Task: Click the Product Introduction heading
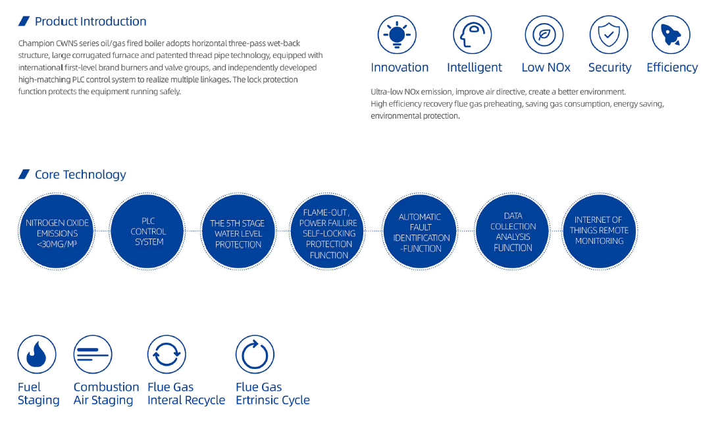click(x=91, y=21)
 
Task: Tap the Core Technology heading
click(x=80, y=174)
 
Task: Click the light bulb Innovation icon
click(x=397, y=35)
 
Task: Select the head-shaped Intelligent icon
click(x=472, y=35)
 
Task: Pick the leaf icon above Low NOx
click(x=544, y=35)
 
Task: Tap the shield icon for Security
click(x=609, y=35)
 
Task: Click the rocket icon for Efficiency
click(x=671, y=35)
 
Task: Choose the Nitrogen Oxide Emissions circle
click(x=57, y=231)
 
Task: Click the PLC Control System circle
click(x=147, y=231)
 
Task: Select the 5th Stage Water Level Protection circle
click(x=238, y=231)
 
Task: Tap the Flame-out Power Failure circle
click(x=327, y=231)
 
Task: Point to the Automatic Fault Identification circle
click(x=420, y=231)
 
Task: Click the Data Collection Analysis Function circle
click(x=512, y=231)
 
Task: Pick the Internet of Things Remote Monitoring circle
click(x=600, y=231)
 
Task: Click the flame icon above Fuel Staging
click(x=37, y=355)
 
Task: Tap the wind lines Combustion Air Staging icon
click(x=93, y=355)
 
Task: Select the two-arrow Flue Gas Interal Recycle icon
click(x=167, y=355)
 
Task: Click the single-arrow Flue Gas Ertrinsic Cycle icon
click(x=255, y=355)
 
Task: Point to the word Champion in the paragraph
click(x=36, y=43)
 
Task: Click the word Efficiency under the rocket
click(x=672, y=67)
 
